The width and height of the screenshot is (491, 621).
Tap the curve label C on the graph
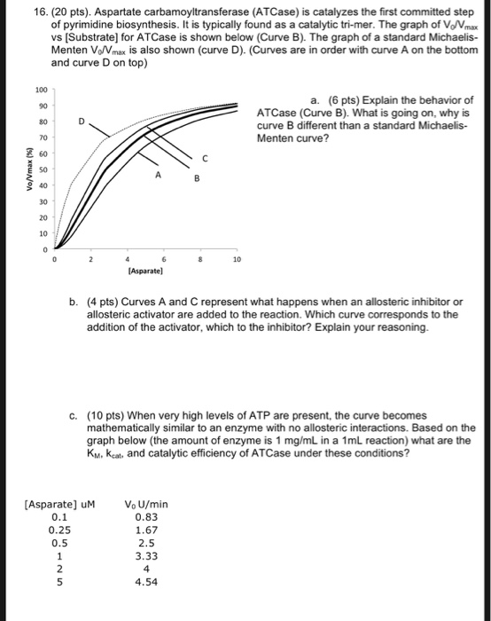coord(205,159)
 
